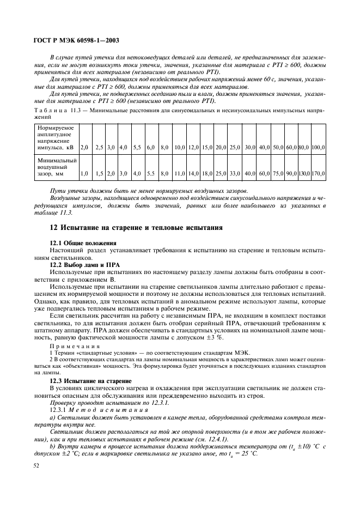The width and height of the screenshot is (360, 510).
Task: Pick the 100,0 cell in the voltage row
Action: click(319, 147)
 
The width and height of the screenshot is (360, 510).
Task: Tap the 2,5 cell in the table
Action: click(99, 147)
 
